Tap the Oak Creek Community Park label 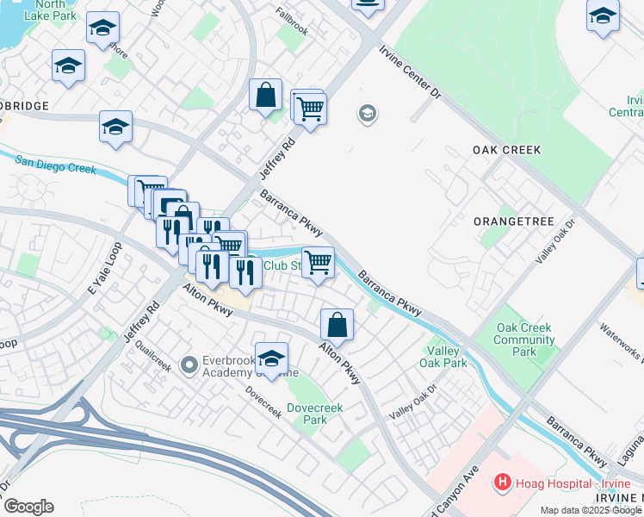pos(523,339)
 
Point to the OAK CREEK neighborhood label pos(507,150)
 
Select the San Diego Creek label pos(55,164)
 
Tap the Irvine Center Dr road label pos(410,72)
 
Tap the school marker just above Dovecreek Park pos(272,359)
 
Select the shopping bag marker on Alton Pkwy pos(337,325)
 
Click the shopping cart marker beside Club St pos(318,262)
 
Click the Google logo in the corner pos(28,507)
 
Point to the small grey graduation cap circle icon pos(368,115)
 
